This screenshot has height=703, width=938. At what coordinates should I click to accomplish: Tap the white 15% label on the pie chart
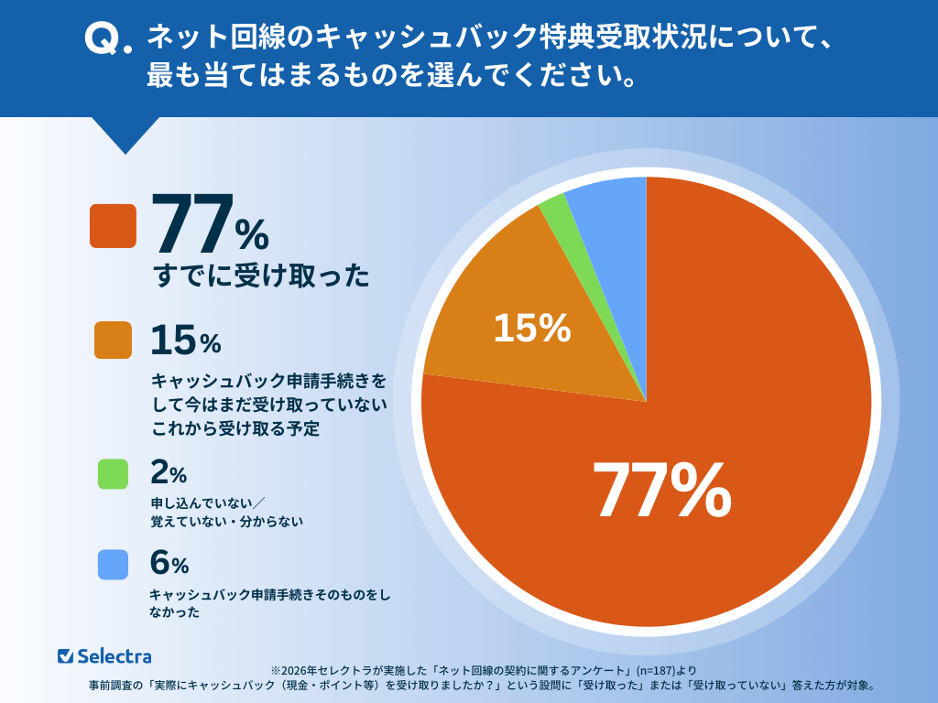coord(532,329)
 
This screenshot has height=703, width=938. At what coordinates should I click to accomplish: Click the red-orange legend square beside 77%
coord(113,226)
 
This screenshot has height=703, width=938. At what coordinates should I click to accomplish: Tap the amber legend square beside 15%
coord(113,340)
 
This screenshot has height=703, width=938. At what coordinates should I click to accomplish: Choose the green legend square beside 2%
coord(113,473)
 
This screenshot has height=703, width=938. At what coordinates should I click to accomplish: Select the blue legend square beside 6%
coord(113,565)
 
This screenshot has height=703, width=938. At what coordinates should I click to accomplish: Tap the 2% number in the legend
coord(168,473)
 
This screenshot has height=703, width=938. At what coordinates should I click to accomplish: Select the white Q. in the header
coord(108,38)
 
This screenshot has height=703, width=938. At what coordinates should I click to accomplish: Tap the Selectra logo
coord(104,655)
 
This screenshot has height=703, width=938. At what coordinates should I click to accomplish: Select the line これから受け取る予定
coord(234,428)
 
